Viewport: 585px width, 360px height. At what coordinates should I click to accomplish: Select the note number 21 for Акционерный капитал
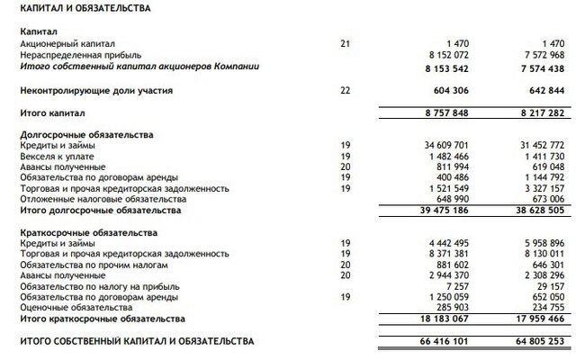click(346, 43)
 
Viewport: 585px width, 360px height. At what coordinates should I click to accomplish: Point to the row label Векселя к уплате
click(56, 156)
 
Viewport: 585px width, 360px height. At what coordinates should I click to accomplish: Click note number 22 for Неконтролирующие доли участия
click(346, 90)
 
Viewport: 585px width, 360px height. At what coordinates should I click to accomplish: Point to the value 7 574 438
click(537, 67)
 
